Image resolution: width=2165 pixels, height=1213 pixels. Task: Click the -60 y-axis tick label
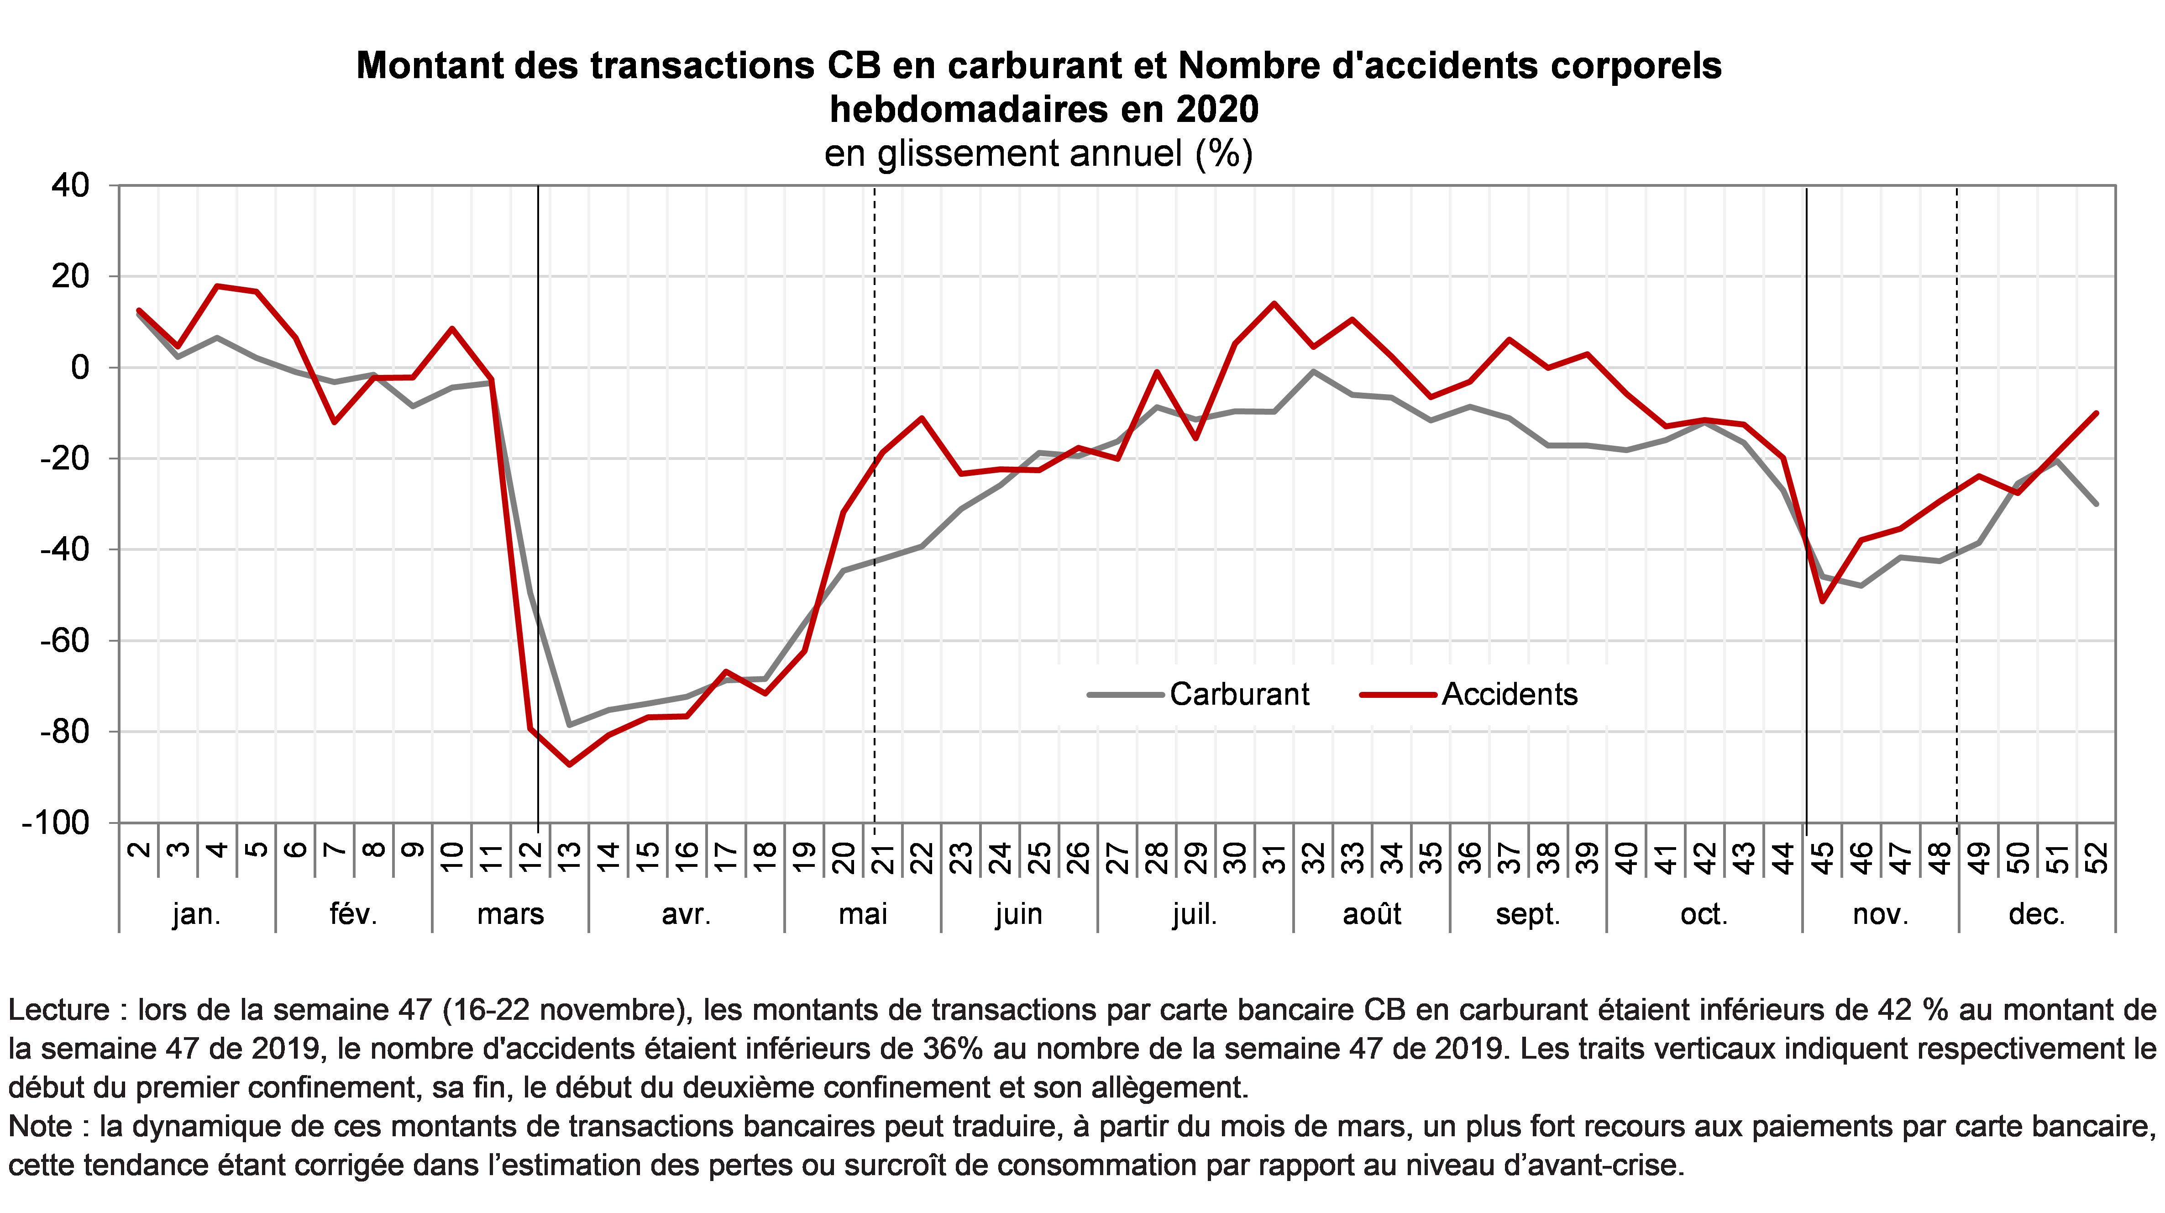[64, 641]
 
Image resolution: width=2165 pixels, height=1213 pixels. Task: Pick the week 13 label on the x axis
[570, 857]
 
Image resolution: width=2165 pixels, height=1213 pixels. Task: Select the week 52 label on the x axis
[2098, 857]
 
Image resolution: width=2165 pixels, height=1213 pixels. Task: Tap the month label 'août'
[1372, 914]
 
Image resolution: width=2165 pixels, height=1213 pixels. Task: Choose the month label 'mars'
[510, 914]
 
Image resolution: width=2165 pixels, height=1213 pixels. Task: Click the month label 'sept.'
[1528, 914]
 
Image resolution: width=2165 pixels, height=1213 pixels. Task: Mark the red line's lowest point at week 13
[570, 765]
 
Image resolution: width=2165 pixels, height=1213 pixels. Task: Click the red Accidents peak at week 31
[1274, 303]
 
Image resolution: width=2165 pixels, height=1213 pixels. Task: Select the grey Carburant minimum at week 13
[570, 725]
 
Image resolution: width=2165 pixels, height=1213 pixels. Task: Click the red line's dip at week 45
[1822, 602]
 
